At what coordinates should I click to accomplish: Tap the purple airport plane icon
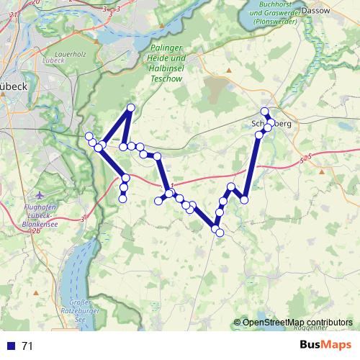pyautogui.click(x=39, y=195)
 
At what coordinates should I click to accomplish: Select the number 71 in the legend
pyautogui.click(x=27, y=346)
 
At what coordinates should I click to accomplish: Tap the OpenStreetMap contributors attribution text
pyautogui.click(x=297, y=322)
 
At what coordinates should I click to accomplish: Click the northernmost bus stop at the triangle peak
pyautogui.click(x=131, y=108)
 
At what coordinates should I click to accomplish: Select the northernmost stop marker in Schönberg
pyautogui.click(x=265, y=111)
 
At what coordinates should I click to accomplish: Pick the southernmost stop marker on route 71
pyautogui.click(x=220, y=233)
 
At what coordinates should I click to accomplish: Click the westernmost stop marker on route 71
pyautogui.click(x=89, y=136)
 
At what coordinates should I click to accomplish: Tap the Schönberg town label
pyautogui.click(x=272, y=123)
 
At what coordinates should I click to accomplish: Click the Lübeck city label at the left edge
pyautogui.click(x=13, y=86)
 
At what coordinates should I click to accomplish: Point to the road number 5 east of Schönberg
pyautogui.click(x=308, y=156)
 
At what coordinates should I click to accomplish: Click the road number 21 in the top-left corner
pyautogui.click(x=4, y=24)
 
